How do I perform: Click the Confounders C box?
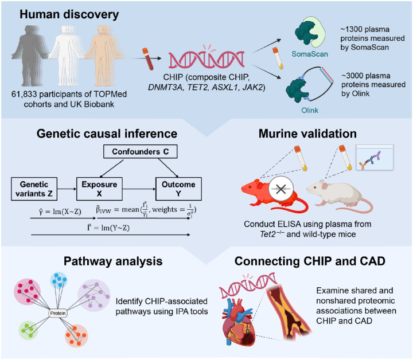point(140,151)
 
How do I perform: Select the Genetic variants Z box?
point(34,189)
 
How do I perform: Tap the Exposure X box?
point(99,189)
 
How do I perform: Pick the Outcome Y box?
point(178,189)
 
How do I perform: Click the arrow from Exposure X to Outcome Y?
point(139,189)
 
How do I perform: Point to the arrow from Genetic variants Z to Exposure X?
point(67,189)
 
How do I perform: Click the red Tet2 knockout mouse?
point(274,195)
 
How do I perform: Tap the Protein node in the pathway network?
point(58,313)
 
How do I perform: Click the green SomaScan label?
point(310,54)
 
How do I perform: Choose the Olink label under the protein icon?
point(310,110)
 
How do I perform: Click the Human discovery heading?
point(69,14)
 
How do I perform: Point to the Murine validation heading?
point(307,134)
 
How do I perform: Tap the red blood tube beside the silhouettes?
point(148,58)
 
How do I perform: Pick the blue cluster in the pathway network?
point(59,280)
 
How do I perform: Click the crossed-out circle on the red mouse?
point(280,189)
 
